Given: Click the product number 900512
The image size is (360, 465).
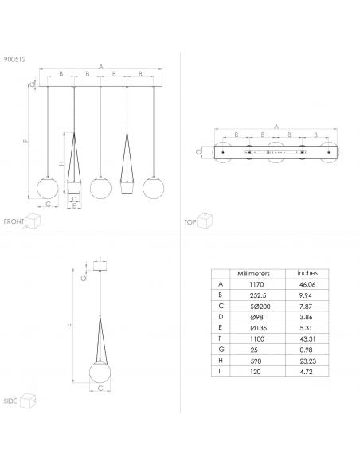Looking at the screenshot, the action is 15,59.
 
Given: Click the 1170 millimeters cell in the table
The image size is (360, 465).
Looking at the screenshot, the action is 256,284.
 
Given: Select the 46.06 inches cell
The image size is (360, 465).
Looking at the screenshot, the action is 307,285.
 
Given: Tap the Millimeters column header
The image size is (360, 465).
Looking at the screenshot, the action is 253,273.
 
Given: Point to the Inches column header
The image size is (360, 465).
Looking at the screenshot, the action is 307,273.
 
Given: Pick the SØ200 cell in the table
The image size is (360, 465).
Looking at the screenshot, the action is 260,307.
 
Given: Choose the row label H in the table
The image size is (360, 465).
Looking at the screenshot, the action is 221,361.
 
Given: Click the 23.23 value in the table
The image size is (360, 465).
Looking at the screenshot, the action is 307,361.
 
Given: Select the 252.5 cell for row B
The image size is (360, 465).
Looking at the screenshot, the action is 258,295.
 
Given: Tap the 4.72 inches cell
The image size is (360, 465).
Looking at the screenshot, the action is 306,372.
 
